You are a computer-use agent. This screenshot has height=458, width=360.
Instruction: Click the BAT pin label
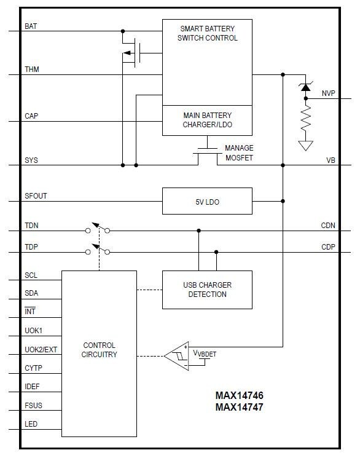coord(31,26)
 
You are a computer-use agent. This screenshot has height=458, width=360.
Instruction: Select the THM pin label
coord(32,70)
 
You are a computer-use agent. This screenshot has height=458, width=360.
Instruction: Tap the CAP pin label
coord(32,116)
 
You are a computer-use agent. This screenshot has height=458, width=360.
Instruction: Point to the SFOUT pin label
coord(36,196)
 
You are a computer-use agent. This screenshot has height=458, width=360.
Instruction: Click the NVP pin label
coord(329,93)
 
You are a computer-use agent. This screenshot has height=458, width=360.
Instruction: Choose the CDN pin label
coord(328,226)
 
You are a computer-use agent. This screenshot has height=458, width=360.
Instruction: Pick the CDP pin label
coord(328,247)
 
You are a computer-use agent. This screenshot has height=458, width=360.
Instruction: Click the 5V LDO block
coord(207,201)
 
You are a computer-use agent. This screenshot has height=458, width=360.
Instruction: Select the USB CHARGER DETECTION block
coord(207,290)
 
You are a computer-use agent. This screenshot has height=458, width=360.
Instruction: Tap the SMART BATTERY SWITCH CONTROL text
coord(207,33)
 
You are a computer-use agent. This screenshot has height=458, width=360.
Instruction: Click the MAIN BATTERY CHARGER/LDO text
coord(208,120)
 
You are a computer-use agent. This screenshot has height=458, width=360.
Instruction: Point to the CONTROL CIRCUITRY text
coord(99,350)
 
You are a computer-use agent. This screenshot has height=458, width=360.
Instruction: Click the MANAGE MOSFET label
coord(239,153)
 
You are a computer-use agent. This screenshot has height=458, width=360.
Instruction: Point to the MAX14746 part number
coord(239,396)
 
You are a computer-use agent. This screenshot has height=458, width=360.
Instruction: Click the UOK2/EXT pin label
coord(41,350)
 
